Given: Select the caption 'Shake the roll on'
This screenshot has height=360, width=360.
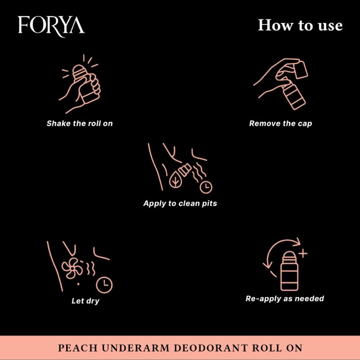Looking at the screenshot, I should point(80,123).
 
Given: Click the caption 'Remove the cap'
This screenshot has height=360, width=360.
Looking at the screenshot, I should point(280,123).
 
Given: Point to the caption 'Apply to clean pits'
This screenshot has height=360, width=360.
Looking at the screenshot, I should point(180,203).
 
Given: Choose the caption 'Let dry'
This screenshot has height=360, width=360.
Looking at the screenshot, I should point(85,301).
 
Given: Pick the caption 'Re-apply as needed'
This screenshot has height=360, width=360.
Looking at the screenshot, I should point(284,298).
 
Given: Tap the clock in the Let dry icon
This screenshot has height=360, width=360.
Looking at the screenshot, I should point(105,284).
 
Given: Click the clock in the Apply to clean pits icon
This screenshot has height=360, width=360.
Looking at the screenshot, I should point(206,186).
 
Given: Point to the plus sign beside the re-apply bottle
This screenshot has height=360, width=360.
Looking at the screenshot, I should point(303,254).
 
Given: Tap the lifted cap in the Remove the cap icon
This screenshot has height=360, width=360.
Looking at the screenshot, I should point(301,70).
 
